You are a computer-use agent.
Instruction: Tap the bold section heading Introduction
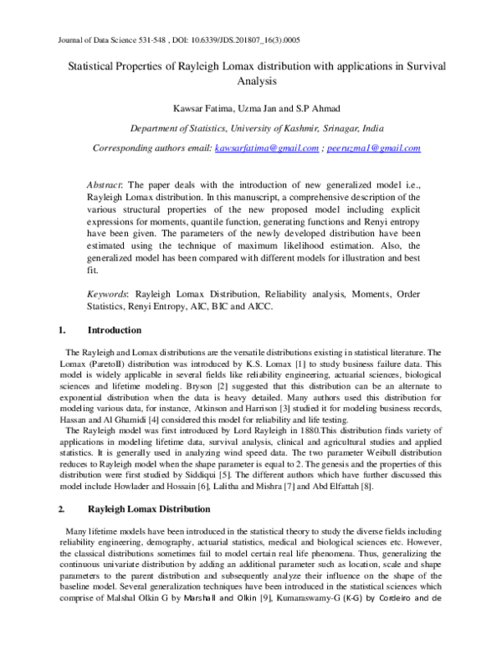(x=115, y=330)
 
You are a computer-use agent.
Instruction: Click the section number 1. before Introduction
(x=59, y=330)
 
